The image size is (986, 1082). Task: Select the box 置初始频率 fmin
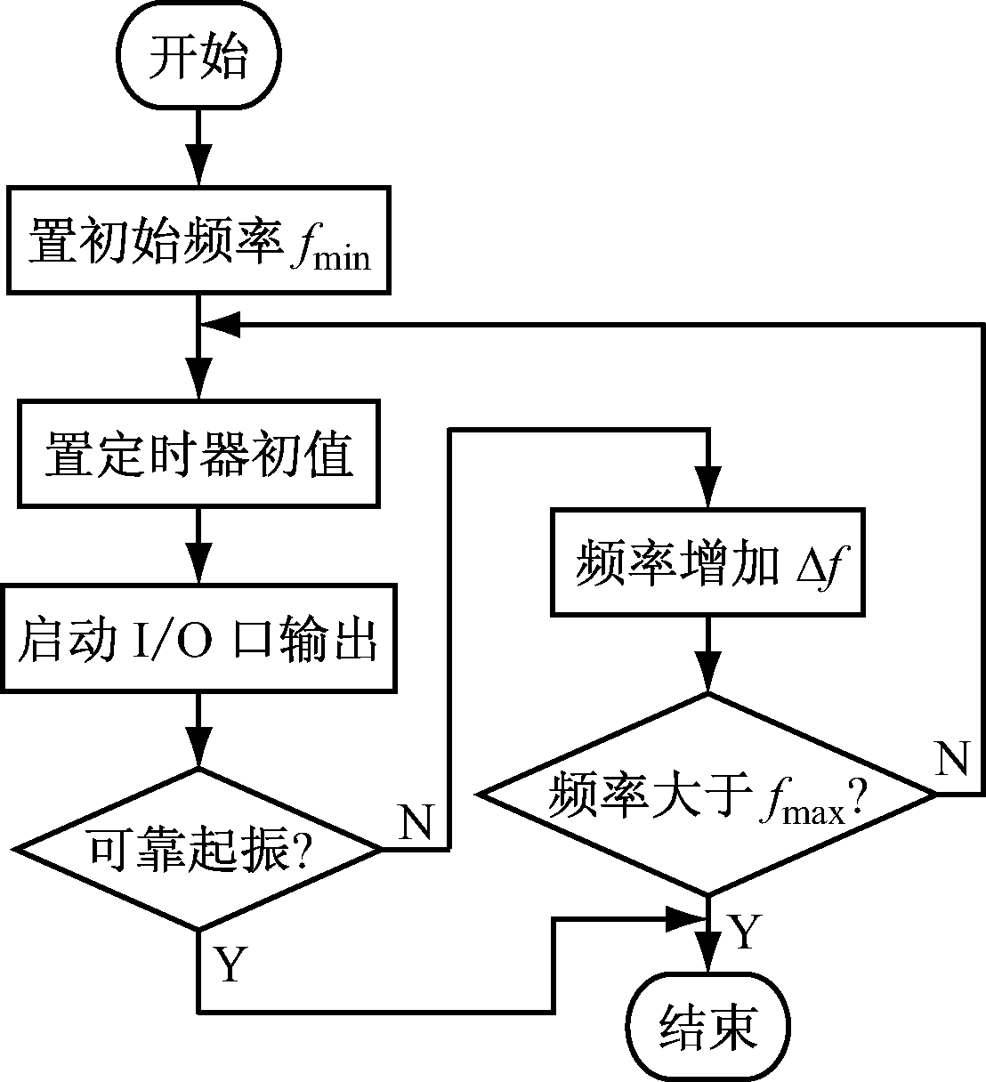tap(198, 239)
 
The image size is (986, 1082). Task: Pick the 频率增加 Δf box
tap(708, 562)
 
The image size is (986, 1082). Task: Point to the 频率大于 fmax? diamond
tap(708, 794)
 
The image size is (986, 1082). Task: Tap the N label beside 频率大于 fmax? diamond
tap(952, 759)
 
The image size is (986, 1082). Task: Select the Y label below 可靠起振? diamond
tap(230, 965)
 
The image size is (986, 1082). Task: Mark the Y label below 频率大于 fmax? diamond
tap(746, 931)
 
